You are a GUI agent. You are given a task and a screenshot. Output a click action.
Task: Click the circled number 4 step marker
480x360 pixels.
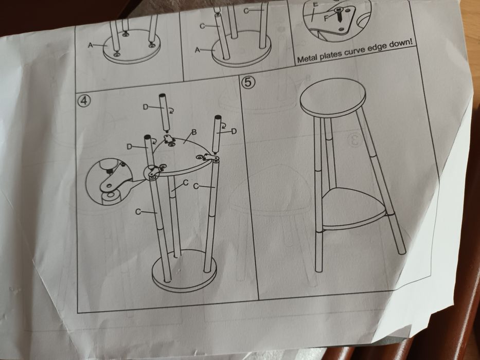(x=84, y=101)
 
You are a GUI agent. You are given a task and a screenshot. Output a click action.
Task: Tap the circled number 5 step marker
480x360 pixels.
(x=248, y=82)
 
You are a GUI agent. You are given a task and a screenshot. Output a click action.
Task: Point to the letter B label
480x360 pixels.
(x=193, y=132)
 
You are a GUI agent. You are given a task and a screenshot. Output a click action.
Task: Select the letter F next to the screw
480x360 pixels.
(x=326, y=18)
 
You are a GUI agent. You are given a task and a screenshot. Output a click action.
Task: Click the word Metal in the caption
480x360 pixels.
(x=308, y=58)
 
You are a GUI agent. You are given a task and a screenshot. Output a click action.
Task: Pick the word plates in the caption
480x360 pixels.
(x=331, y=55)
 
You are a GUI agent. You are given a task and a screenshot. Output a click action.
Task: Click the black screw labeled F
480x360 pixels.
(x=340, y=15)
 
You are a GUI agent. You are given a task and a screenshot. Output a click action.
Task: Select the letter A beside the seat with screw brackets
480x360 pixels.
(x=91, y=45)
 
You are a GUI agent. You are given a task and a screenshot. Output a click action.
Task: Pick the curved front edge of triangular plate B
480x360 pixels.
(x=187, y=169)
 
